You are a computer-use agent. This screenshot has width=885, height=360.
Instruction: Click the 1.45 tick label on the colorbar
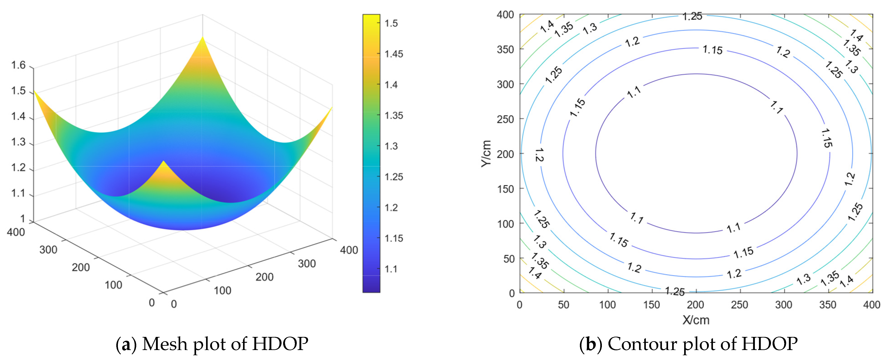pos(393,54)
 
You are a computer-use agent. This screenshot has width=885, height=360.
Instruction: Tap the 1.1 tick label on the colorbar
pos(391,269)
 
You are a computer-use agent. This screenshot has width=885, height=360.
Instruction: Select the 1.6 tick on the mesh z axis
pos(19,65)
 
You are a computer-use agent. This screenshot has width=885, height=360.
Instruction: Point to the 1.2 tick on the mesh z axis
pos(19,168)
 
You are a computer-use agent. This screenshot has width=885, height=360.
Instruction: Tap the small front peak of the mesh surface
pos(163,162)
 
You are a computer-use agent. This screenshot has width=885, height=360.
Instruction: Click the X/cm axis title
pos(696,320)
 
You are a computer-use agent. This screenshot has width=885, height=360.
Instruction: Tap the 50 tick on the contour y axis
pos(509,259)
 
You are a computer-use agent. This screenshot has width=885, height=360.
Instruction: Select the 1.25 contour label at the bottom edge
pos(674,291)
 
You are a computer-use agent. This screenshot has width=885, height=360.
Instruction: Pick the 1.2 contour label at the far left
pos(539,155)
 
